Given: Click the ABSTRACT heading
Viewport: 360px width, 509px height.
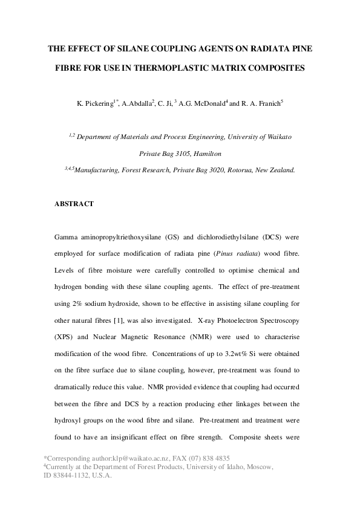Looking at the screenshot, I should (74, 204).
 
